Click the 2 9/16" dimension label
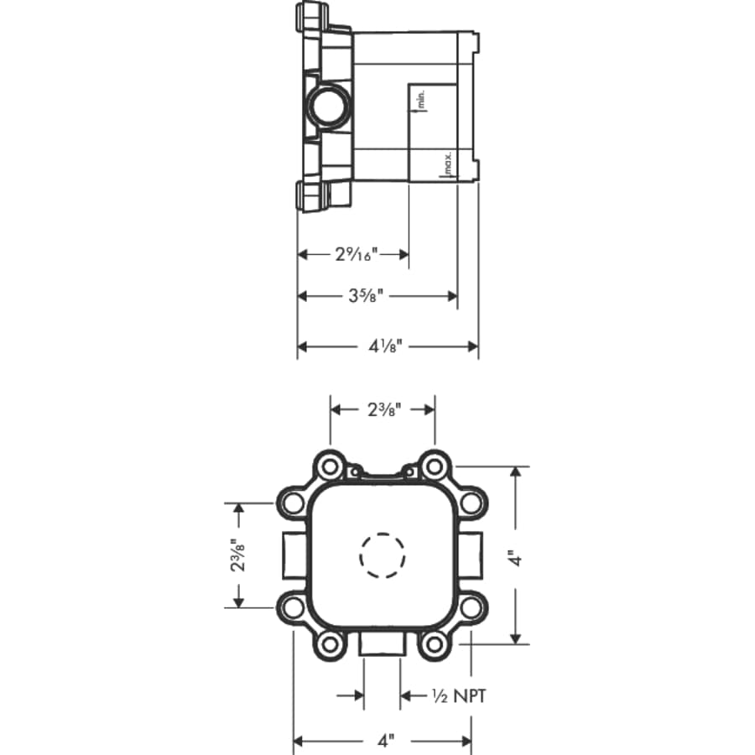357,253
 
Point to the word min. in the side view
421,100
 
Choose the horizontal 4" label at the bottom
384,742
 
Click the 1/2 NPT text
458,695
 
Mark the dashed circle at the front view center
383,555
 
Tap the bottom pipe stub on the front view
382,646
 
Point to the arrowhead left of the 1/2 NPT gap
358,695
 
